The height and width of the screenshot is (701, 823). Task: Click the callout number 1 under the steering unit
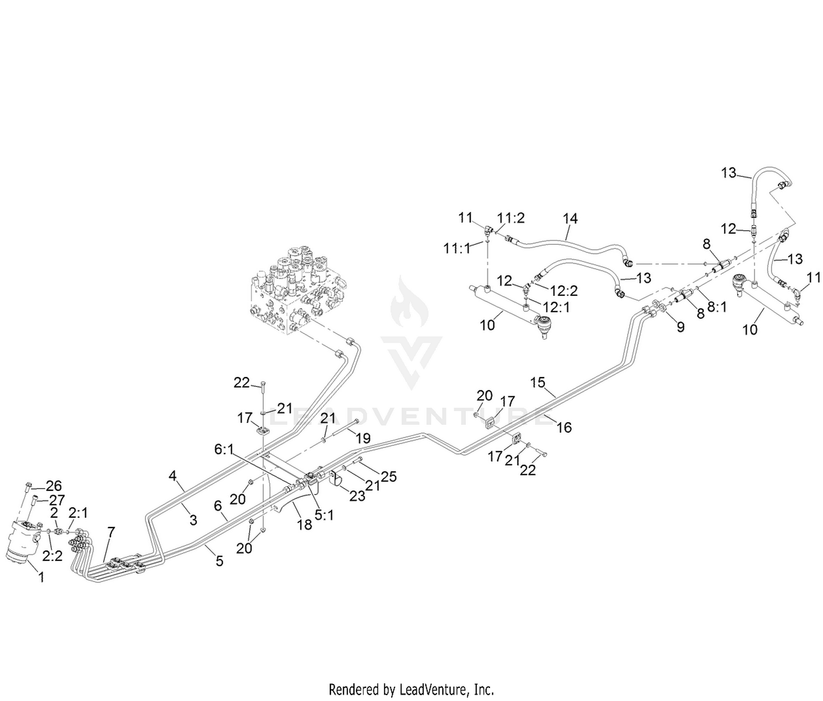click(42, 577)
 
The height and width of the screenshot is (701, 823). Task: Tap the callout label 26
click(54, 485)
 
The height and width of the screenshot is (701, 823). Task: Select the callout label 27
click(57, 500)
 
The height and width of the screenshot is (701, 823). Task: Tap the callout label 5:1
click(324, 515)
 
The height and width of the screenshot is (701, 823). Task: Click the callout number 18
click(305, 525)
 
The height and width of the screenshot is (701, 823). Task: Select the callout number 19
click(363, 438)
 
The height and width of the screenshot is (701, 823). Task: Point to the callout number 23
click(358, 496)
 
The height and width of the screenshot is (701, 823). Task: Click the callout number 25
click(389, 476)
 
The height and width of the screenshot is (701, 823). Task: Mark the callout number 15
click(537, 383)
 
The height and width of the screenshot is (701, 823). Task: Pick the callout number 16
click(564, 428)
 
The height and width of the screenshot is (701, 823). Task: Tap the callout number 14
click(570, 218)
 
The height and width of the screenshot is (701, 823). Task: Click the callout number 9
click(680, 327)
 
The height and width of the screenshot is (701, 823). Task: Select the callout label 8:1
click(717, 307)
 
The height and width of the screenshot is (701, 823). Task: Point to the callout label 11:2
click(511, 218)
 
